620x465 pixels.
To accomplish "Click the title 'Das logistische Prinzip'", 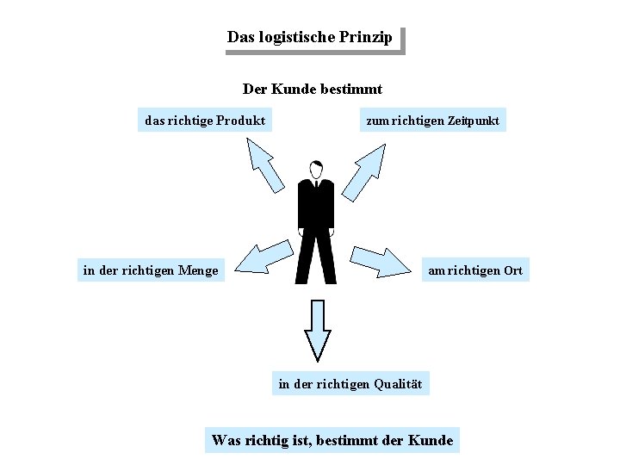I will point(309,38).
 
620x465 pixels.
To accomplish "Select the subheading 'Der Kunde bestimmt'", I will point(312,89).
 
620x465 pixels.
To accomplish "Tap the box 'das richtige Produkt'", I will point(205,121).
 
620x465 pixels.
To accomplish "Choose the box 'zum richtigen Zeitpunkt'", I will point(432,121).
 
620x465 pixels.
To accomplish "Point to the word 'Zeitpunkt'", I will point(473,121).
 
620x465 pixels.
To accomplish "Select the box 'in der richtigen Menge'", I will point(151,270).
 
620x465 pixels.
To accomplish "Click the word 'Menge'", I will point(198,270).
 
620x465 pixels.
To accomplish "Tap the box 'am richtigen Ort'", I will point(474,270).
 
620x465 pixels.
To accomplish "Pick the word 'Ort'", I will point(512,270).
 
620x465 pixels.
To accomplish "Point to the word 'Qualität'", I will point(397,384).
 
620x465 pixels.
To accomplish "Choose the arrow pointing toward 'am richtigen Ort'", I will point(380,260).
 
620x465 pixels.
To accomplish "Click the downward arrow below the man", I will point(318,329).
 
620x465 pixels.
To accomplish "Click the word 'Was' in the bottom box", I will point(226,441).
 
